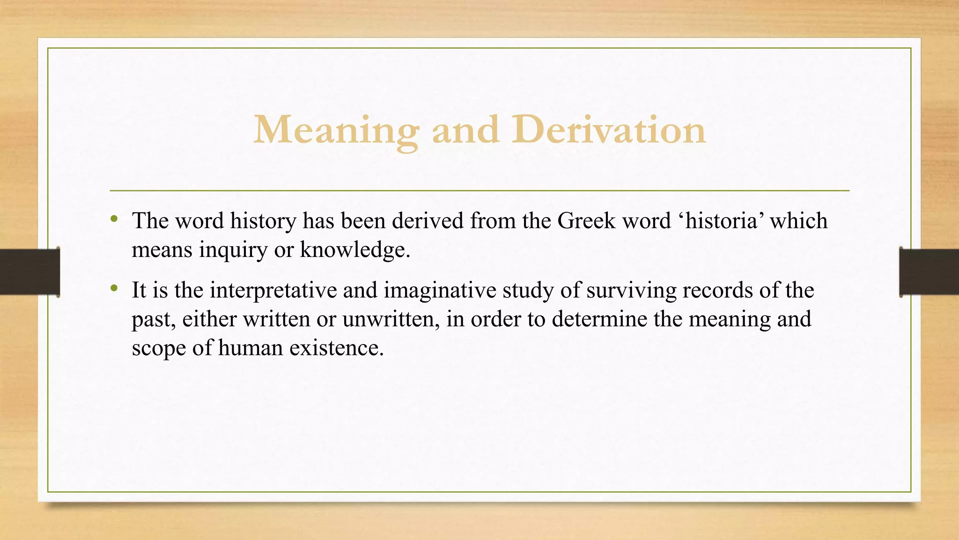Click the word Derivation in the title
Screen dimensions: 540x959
608,130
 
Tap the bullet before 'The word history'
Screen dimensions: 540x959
114,219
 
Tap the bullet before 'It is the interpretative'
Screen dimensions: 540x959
114,288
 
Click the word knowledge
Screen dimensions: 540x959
354,250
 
